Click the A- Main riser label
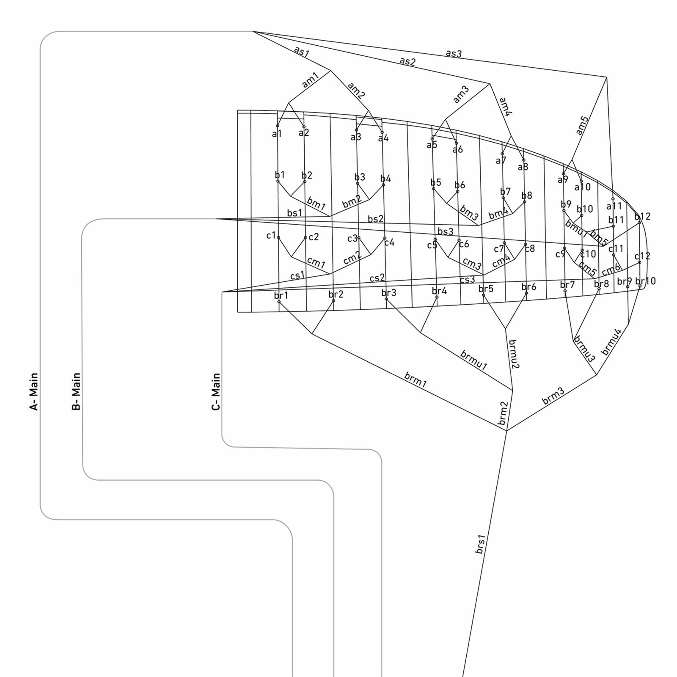point(34,391)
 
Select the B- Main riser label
point(76,391)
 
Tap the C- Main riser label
point(216,391)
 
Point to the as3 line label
point(454,54)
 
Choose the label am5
point(582,125)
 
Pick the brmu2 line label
point(513,354)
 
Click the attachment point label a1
point(277,134)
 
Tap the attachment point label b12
point(642,217)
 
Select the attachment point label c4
point(389,242)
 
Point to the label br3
point(389,293)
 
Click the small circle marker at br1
point(279,302)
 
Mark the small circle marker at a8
point(523,160)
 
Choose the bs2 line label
point(376,219)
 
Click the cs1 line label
point(297,275)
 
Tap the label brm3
point(553,396)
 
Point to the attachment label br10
point(646,281)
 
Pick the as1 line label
point(302,52)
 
